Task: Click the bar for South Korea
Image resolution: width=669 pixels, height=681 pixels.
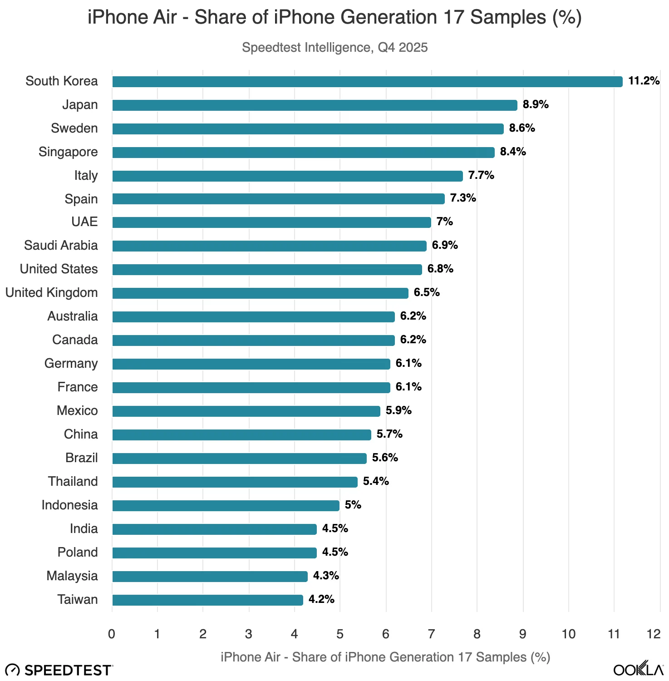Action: pyautogui.click(x=367, y=82)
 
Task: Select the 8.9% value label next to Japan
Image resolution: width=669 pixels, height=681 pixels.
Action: pyautogui.click(x=536, y=104)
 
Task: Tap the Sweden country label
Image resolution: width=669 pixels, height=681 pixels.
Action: pyautogui.click(x=74, y=128)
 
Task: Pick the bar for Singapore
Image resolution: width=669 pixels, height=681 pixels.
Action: pyautogui.click(x=303, y=153)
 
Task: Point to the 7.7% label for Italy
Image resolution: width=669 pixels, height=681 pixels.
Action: pyautogui.click(x=481, y=175)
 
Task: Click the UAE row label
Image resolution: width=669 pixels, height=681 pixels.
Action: pyautogui.click(x=84, y=222)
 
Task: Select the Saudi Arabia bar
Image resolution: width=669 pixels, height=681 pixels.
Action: pyautogui.click(x=269, y=246)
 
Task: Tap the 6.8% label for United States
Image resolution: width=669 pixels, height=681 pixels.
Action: pyautogui.click(x=440, y=269)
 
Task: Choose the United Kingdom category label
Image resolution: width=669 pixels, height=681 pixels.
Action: pyautogui.click(x=51, y=293)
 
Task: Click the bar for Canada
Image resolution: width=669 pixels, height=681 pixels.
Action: pyautogui.click(x=253, y=340)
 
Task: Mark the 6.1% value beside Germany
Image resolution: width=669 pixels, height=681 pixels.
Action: pyautogui.click(x=408, y=363)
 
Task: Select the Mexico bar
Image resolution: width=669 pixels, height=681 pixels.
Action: pyautogui.click(x=246, y=411)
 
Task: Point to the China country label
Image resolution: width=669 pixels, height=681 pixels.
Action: pyautogui.click(x=81, y=434)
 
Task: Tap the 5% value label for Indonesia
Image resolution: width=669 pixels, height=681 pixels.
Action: pyautogui.click(x=353, y=505)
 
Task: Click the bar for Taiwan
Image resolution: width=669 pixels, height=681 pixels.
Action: pyautogui.click(x=207, y=600)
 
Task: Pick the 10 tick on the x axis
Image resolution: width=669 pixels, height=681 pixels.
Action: pyautogui.click(x=568, y=634)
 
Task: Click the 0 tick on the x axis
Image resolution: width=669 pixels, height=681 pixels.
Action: pyautogui.click(x=112, y=634)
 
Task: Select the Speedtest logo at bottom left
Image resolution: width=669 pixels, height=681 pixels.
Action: pyautogui.click(x=59, y=670)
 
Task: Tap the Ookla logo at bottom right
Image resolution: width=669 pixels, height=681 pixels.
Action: pyautogui.click(x=638, y=669)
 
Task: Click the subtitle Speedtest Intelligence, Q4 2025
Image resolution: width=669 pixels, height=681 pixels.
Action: pyautogui.click(x=334, y=48)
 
